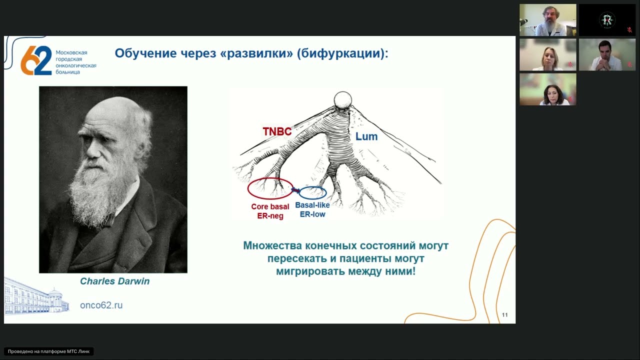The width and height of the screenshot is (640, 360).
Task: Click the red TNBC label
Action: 277,131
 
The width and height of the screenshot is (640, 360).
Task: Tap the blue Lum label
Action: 366,136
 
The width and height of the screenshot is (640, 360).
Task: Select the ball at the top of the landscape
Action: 343,98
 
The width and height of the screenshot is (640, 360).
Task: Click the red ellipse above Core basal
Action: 270,188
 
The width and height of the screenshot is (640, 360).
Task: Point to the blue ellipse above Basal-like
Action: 312,192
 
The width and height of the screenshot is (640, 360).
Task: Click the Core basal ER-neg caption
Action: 270,211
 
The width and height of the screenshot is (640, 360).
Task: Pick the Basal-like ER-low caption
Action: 312,209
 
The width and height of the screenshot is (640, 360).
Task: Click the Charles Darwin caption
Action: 114,281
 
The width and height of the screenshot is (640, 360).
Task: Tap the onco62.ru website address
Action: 101,305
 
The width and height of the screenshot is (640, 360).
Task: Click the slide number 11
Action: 504,315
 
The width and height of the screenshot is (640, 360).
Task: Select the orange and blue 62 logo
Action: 36,60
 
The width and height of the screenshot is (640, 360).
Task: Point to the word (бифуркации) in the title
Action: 342,53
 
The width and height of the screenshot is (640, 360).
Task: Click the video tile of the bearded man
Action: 547,20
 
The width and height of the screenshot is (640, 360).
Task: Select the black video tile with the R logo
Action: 607,20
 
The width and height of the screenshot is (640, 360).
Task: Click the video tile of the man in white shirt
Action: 607,54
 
